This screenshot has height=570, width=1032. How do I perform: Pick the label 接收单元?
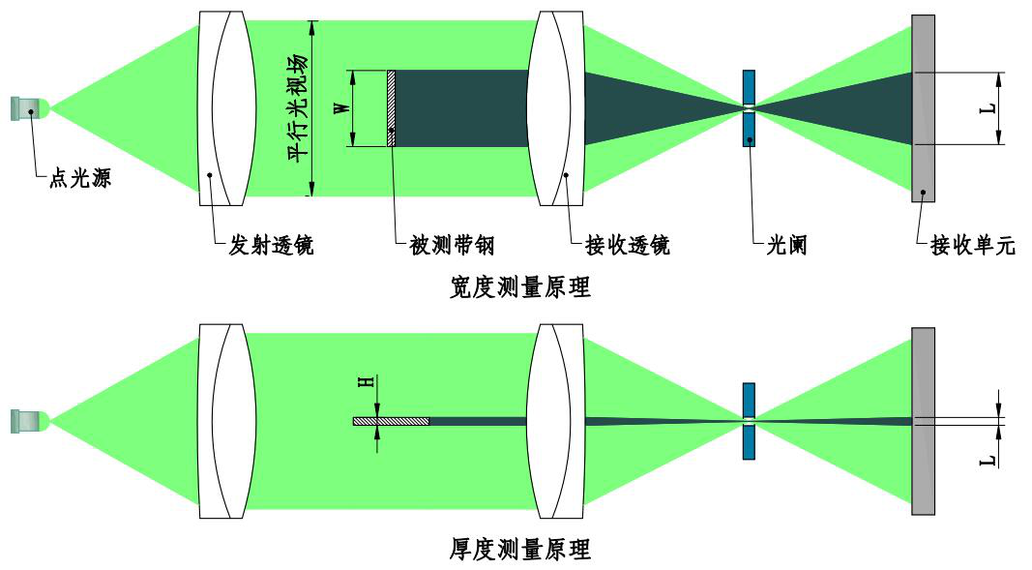pos(972,246)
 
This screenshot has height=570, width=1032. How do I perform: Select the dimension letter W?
pos(340,108)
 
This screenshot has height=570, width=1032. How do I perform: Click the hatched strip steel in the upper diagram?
pos(391,108)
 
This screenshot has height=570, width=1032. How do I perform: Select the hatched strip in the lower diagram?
pos(391,421)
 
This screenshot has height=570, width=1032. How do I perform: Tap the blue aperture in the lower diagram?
pos(749,421)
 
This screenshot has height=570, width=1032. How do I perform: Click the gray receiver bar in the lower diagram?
pos(923,421)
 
